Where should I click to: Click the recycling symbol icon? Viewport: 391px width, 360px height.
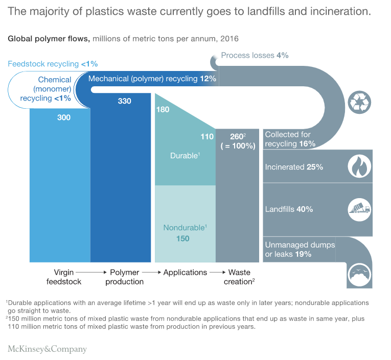[359, 102]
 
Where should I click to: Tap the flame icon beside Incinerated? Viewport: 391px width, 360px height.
[359, 166]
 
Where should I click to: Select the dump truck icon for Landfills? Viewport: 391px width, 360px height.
[359, 208]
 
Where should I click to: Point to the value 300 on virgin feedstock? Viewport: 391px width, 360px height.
[64, 117]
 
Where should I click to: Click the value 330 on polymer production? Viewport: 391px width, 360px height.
[124, 101]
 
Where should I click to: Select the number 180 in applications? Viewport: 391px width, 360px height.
[163, 109]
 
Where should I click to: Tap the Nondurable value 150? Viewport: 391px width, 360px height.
[182, 238]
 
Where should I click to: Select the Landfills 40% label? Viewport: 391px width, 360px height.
[289, 209]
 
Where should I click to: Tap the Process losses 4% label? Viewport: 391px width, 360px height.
[255, 55]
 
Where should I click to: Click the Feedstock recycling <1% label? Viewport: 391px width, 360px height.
[53, 64]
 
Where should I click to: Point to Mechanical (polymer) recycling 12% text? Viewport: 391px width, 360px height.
[152, 79]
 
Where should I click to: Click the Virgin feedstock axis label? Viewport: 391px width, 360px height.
[64, 277]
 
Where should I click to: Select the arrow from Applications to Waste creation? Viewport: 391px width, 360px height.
[217, 273]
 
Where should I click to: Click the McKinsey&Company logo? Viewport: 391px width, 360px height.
[47, 349]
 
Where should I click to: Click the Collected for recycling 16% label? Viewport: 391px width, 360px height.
[290, 139]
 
